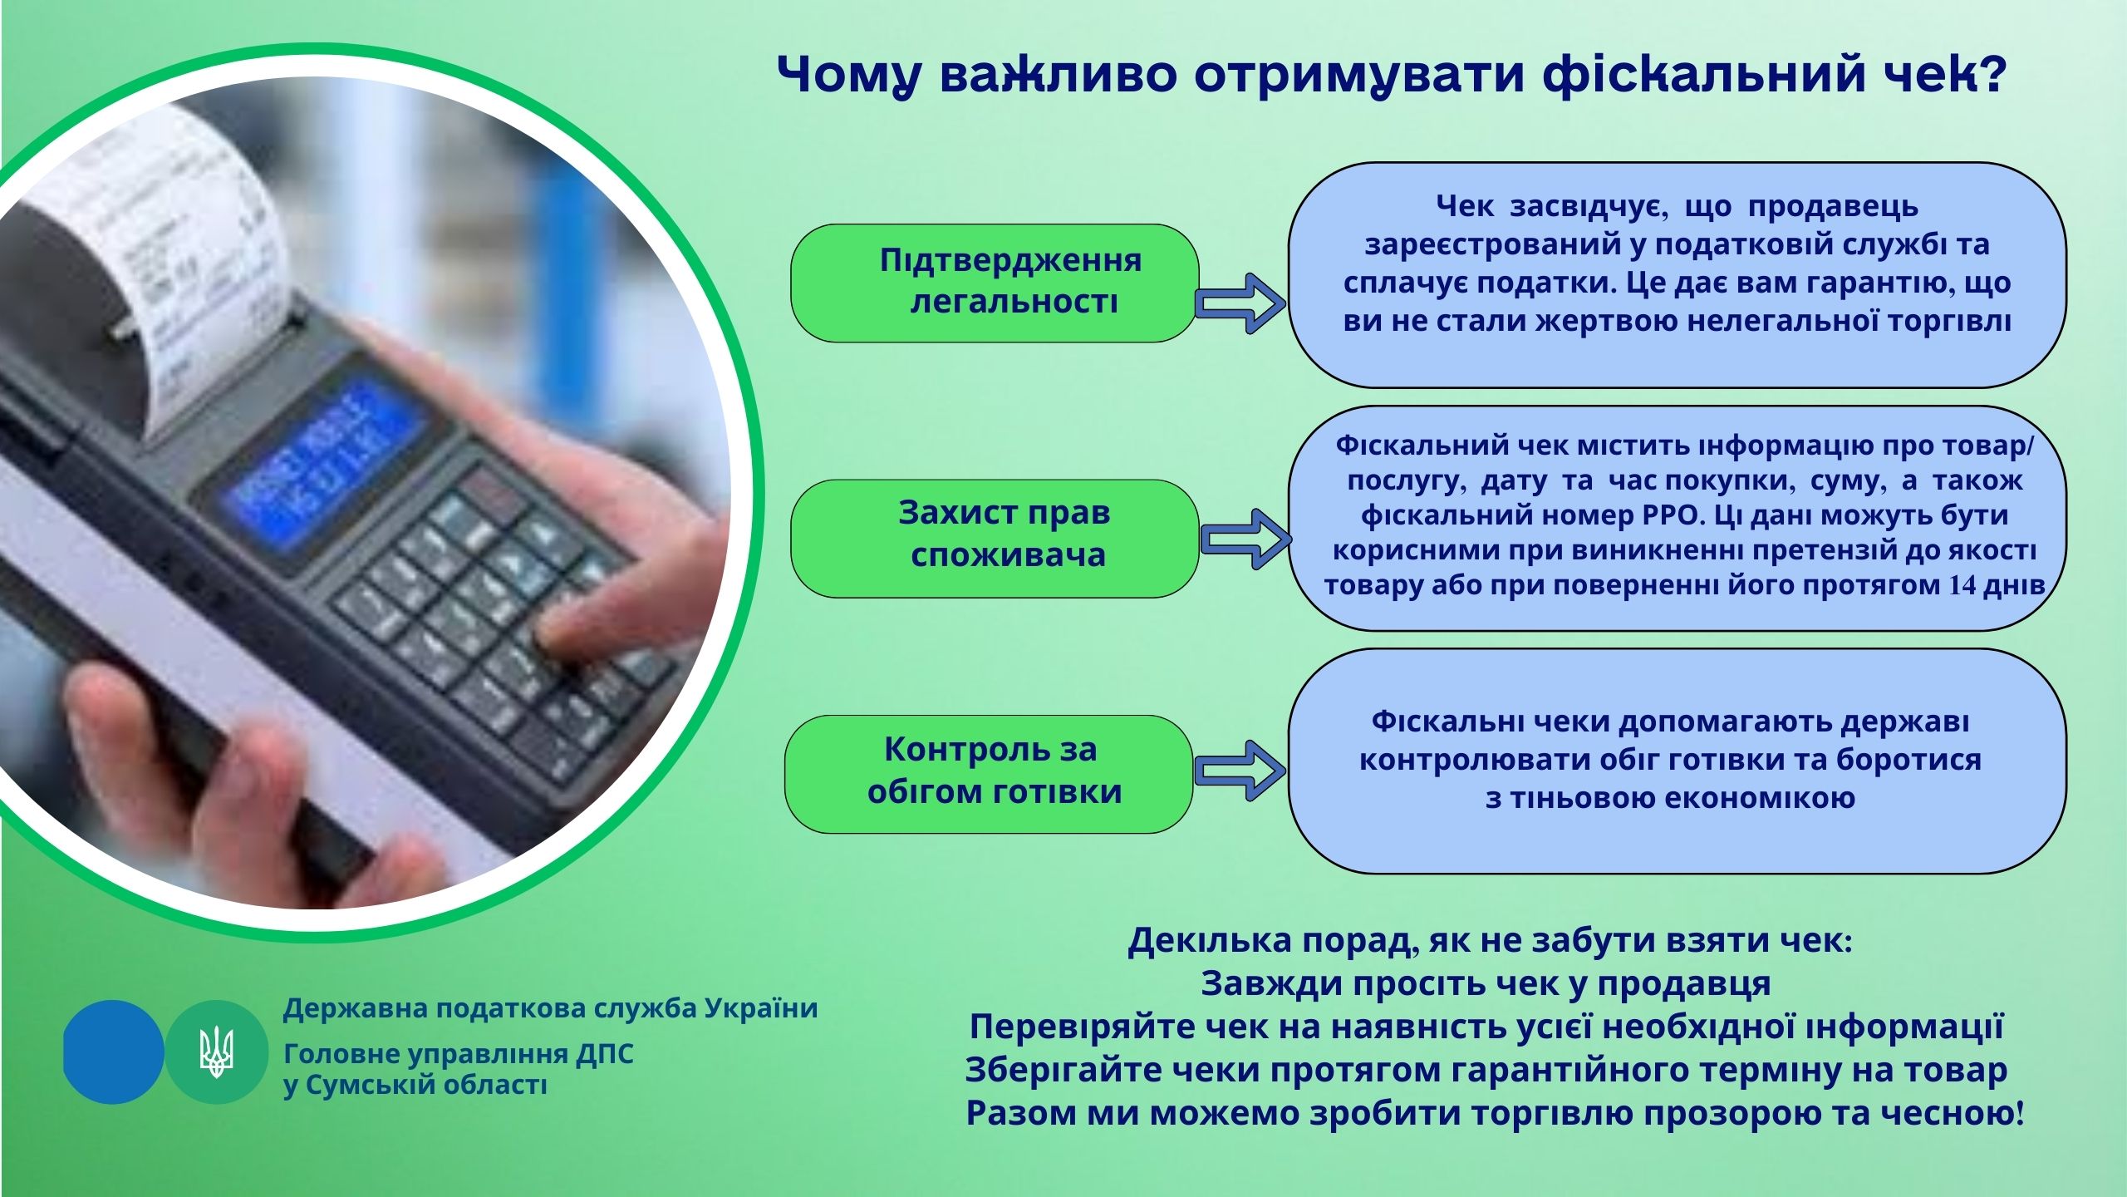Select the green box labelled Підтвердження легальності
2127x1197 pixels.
[x=995, y=283]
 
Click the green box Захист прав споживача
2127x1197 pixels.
[x=995, y=539]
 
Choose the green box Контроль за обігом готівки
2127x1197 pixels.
[x=989, y=774]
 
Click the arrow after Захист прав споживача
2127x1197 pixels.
[x=1245, y=539]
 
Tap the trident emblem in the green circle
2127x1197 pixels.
[x=217, y=1052]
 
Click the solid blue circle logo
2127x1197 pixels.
[x=114, y=1052]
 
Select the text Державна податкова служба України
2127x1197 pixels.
[x=551, y=1009]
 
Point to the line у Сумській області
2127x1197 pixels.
[x=415, y=1086]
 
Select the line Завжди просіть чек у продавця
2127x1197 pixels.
[x=1486, y=984]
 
